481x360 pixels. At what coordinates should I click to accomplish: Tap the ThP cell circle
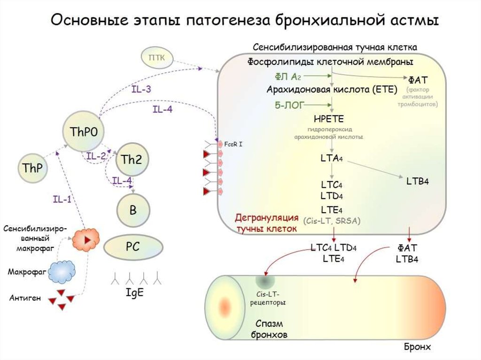pos(32,168)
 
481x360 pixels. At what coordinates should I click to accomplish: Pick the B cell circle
pos(132,211)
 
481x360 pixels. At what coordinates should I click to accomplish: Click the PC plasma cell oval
pos(133,247)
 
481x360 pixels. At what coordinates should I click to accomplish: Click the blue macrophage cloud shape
pos(63,271)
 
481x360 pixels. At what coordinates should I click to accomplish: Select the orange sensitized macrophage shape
pos(86,239)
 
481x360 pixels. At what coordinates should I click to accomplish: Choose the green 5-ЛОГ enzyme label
pos(288,104)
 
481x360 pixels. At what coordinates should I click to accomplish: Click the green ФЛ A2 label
pos(287,76)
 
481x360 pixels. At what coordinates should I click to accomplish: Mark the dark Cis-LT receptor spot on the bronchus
pos(265,282)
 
